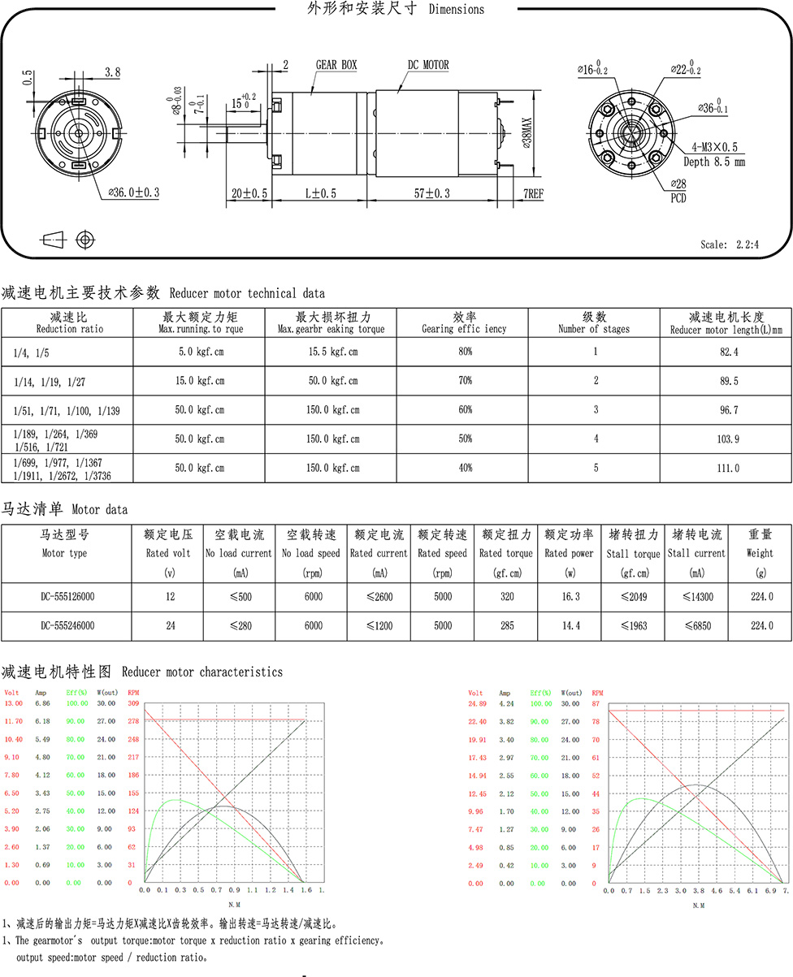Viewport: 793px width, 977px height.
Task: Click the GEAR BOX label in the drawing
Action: pyautogui.click(x=336, y=65)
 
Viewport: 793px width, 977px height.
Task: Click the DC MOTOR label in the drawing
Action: pyautogui.click(x=428, y=65)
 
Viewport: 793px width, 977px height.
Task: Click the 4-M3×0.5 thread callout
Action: pyautogui.click(x=714, y=147)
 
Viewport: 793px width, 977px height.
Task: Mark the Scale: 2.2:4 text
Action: pyautogui.click(x=729, y=244)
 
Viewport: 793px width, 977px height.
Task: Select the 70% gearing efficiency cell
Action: pyautogui.click(x=465, y=380)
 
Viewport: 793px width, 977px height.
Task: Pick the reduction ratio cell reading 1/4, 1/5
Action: pyautogui.click(x=31, y=352)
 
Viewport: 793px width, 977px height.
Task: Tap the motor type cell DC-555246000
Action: pyautogui.click(x=69, y=625)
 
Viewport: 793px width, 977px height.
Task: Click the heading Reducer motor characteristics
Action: pyautogui.click(x=202, y=672)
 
